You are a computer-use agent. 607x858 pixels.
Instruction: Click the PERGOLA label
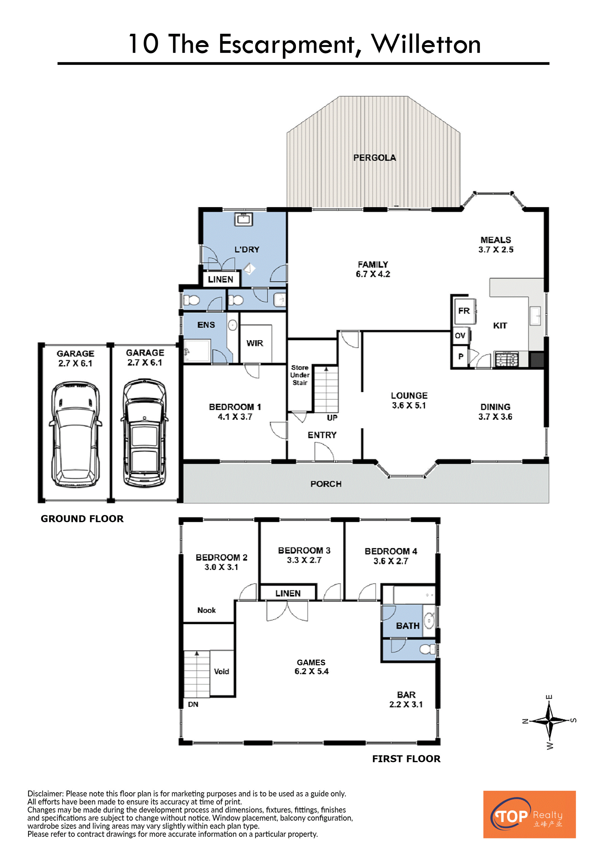(375, 158)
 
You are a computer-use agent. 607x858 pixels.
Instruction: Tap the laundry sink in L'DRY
(244, 219)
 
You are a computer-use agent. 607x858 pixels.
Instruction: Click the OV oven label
(460, 336)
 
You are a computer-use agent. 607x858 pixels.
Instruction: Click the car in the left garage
(75, 435)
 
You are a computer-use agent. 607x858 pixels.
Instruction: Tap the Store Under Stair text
(300, 375)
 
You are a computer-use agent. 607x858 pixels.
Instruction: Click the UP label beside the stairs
(332, 418)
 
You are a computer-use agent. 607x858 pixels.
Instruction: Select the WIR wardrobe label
(254, 343)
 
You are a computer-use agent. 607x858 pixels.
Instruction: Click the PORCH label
(326, 484)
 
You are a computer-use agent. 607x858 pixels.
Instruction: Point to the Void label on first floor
(221, 672)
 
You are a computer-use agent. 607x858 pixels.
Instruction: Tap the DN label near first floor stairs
(193, 704)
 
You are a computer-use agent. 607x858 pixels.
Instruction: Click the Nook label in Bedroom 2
(206, 610)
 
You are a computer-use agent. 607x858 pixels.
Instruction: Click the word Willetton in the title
(426, 44)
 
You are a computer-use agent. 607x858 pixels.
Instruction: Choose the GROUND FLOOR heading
(82, 519)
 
